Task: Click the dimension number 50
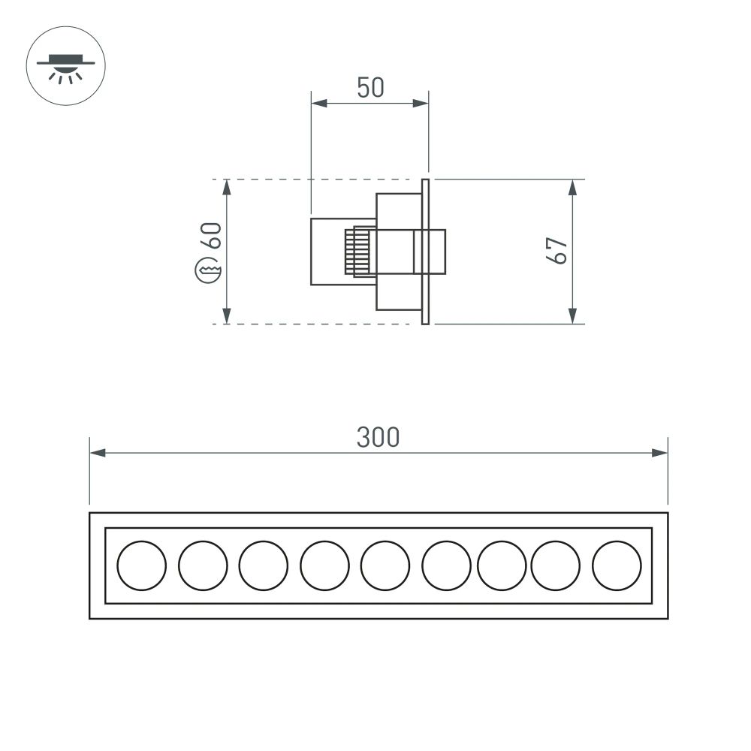click(370, 88)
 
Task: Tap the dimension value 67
click(556, 250)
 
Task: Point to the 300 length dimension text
click(378, 437)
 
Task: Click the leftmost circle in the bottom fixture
click(142, 566)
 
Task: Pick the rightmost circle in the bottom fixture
click(617, 566)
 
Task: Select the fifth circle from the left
click(385, 566)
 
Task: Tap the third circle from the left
click(263, 566)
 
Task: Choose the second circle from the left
click(203, 566)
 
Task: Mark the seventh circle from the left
click(502, 566)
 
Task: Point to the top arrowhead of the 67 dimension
click(572, 187)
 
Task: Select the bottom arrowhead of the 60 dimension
click(227, 316)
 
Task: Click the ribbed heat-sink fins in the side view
click(356, 251)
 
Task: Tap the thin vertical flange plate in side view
click(425, 252)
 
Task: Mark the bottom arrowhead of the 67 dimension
click(572, 316)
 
